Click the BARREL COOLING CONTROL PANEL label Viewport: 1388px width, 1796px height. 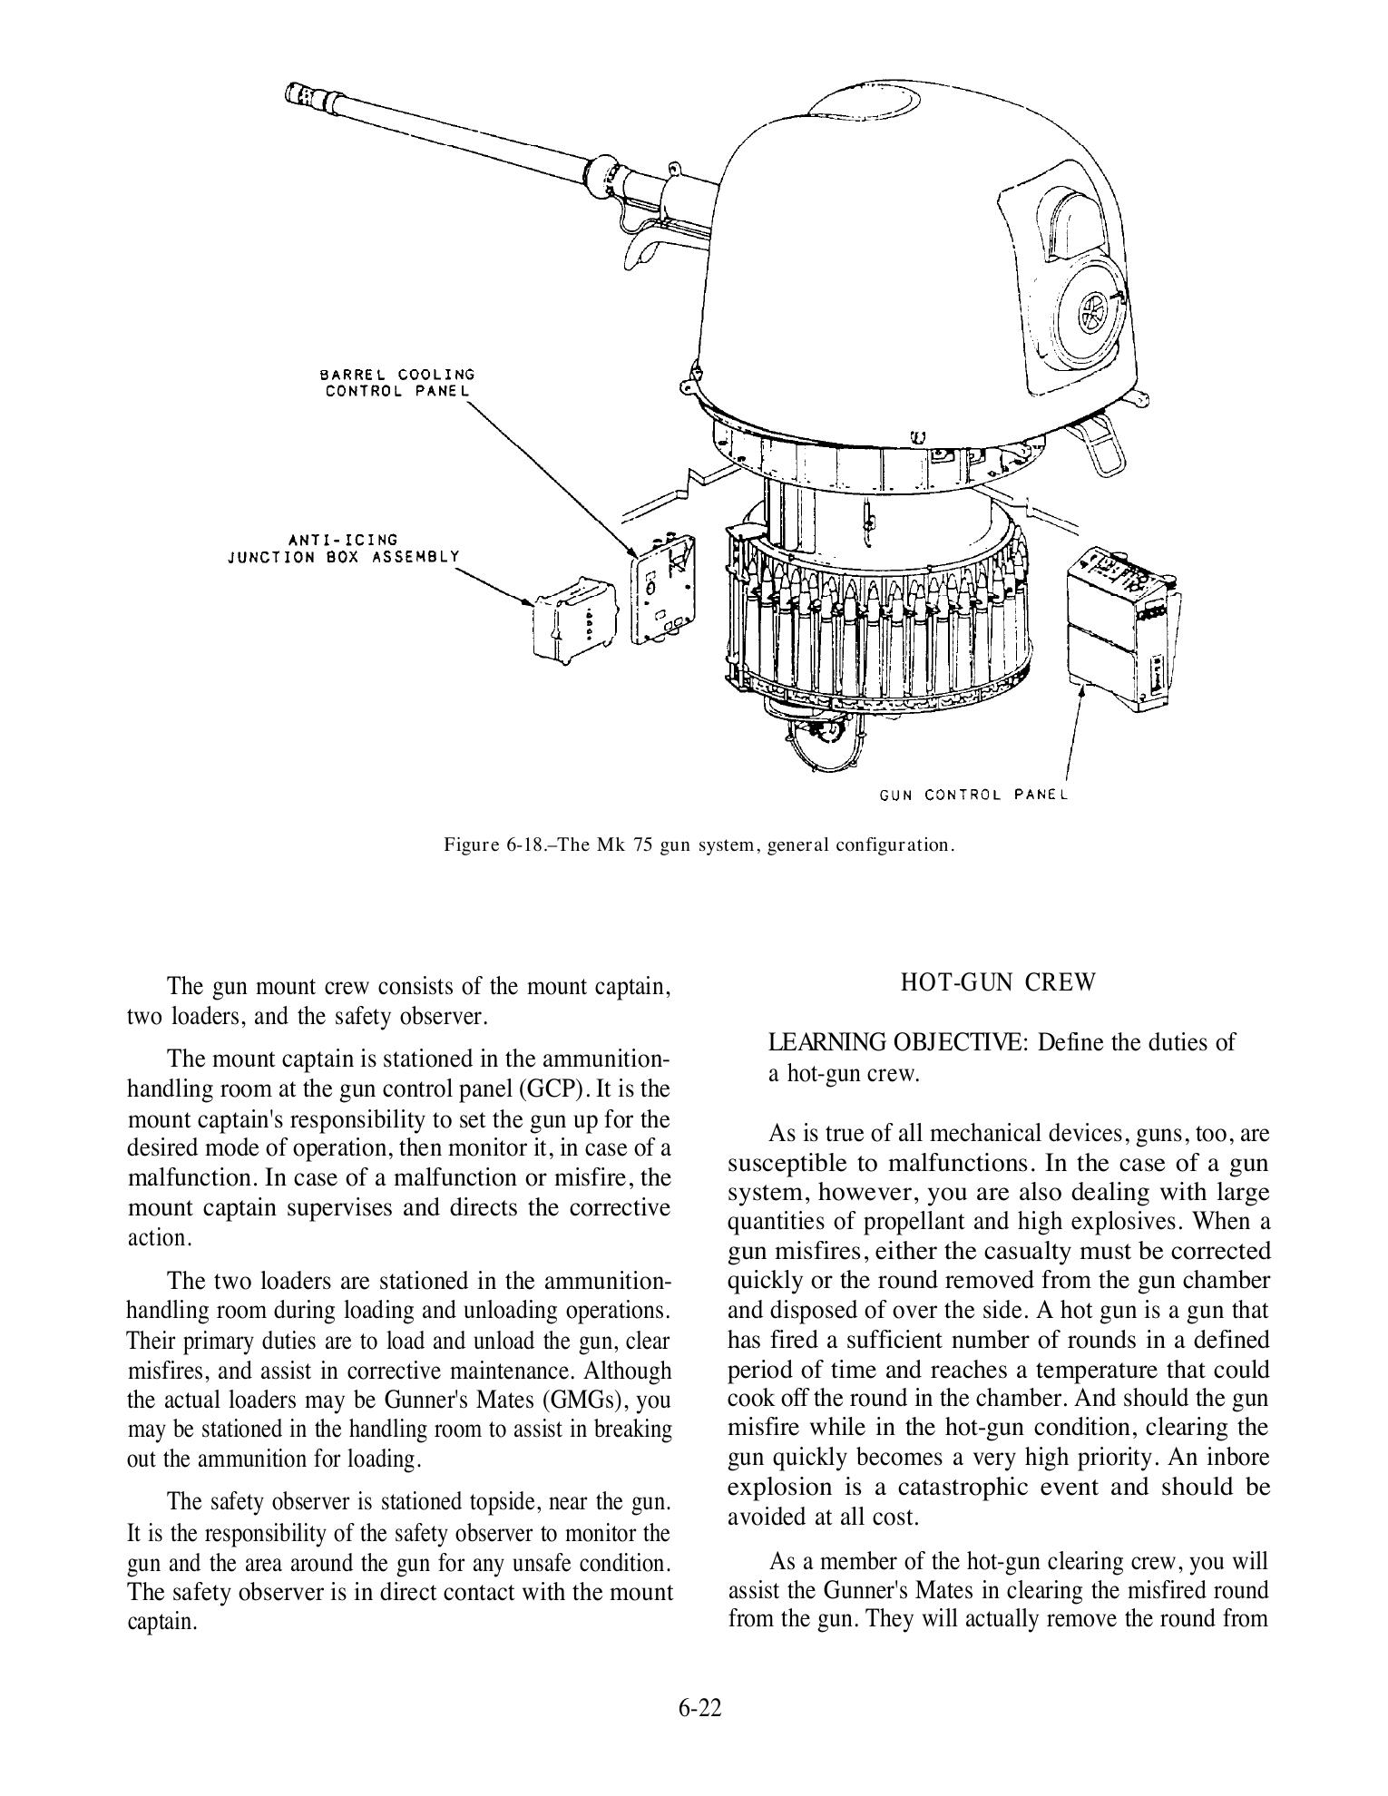point(396,382)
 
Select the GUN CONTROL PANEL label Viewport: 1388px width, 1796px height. point(973,795)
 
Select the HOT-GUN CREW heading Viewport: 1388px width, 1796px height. point(998,982)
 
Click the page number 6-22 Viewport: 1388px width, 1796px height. point(699,1707)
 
